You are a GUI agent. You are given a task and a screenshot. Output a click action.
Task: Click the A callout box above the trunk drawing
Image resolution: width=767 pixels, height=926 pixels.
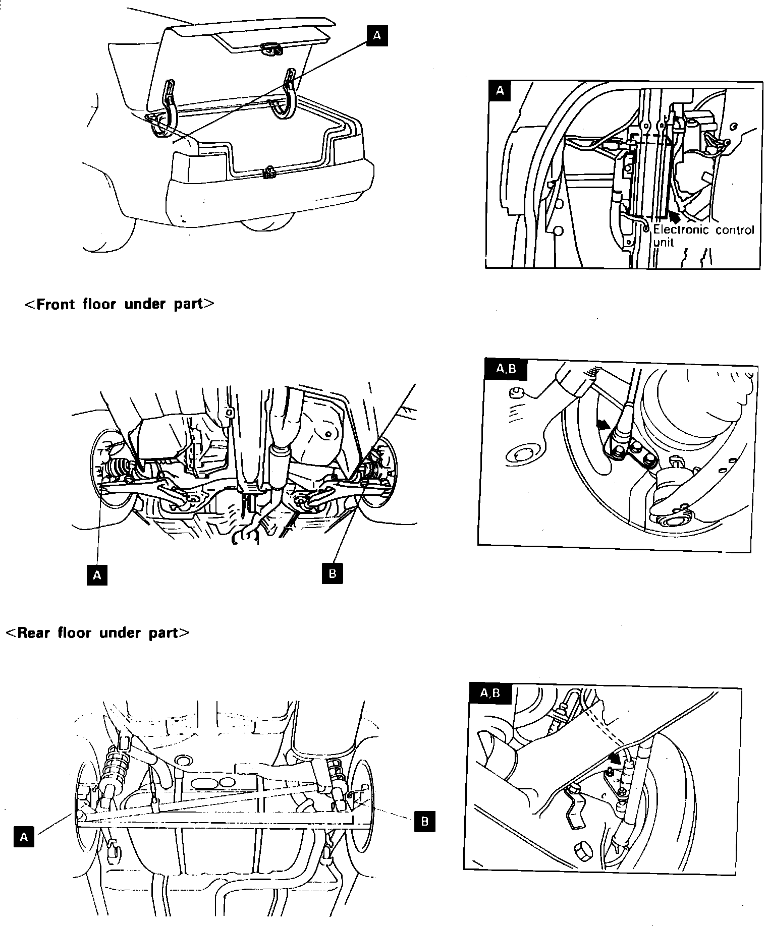tap(377, 36)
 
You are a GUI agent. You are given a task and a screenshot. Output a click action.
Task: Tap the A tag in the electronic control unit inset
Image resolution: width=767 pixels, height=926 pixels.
tap(500, 91)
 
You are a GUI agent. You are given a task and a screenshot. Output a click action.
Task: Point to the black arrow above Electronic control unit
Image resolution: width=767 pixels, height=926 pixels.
tap(675, 215)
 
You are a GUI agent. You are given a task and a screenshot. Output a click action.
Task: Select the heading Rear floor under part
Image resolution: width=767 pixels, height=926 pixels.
tap(97, 632)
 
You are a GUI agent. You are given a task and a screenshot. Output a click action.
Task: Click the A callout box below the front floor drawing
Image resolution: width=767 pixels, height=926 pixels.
tap(97, 575)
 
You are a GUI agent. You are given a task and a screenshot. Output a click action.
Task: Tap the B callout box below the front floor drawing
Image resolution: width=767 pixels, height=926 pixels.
tap(332, 573)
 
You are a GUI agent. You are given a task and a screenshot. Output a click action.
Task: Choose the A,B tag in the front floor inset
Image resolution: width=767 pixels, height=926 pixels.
tap(506, 369)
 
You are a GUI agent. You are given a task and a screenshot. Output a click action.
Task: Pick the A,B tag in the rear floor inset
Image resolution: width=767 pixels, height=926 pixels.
tap(490, 693)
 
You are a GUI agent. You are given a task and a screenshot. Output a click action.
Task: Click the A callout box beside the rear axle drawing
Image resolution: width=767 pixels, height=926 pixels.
tap(24, 837)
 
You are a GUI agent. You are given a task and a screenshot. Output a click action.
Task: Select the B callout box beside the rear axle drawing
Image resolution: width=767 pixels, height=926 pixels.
tap(424, 822)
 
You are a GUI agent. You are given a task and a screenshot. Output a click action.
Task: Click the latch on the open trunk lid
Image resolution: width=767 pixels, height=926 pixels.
tap(271, 48)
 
